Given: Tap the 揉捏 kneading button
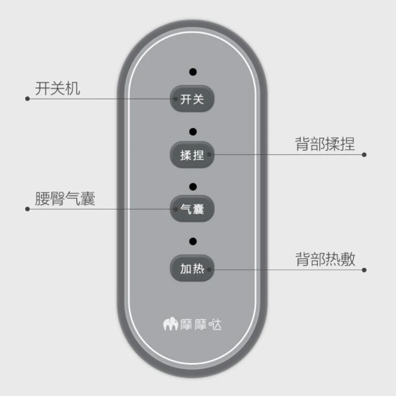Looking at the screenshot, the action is pyautogui.click(x=192, y=154).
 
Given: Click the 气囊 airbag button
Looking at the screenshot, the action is pyautogui.click(x=192, y=209).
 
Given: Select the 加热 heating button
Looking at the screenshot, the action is pyautogui.click(x=192, y=269).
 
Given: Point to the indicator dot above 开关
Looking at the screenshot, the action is pyautogui.click(x=193, y=72).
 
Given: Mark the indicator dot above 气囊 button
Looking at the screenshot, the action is pyautogui.click(x=193, y=187).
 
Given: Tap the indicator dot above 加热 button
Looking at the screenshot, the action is pyautogui.click(x=193, y=242).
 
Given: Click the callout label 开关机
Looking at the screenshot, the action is pyautogui.click(x=57, y=89).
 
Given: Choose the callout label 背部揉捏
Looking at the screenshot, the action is pyautogui.click(x=325, y=144).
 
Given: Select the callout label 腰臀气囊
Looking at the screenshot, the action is pyautogui.click(x=64, y=199).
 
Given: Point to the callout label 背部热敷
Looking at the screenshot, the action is pyautogui.click(x=325, y=259).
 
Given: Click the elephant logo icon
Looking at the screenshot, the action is pyautogui.click(x=170, y=325).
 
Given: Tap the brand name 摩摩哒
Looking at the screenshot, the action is pyautogui.click(x=200, y=325).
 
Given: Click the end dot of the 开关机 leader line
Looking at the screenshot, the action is pyautogui.click(x=27, y=99).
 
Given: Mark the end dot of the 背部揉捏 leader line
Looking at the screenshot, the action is pyautogui.click(x=364, y=154).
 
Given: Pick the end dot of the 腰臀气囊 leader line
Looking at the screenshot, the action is pyautogui.click(x=27, y=209).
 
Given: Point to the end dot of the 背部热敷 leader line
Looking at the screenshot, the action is pyautogui.click(x=364, y=270).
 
